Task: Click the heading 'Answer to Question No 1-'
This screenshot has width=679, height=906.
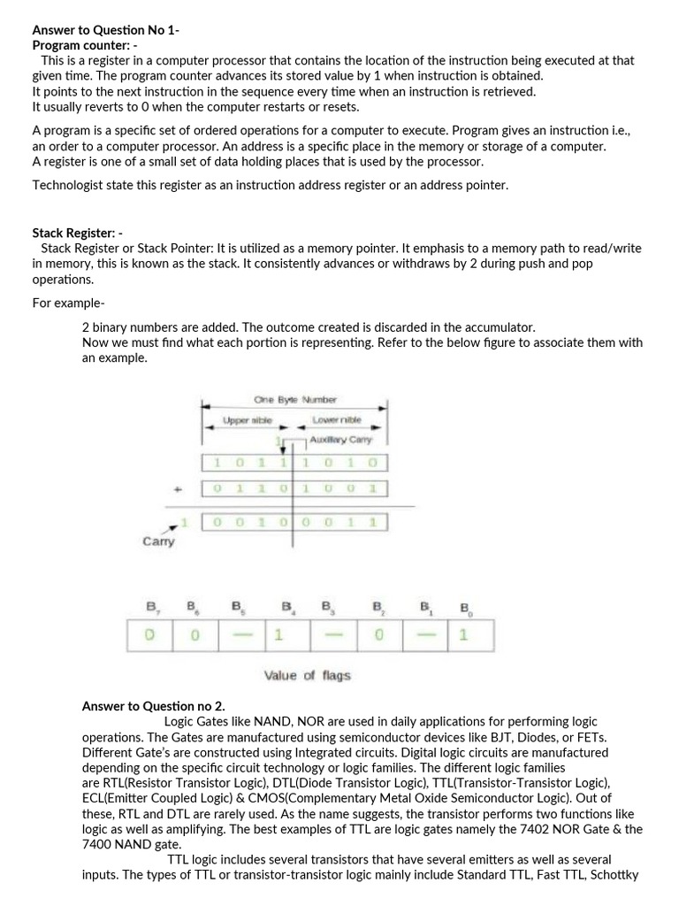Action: pyautogui.click(x=105, y=29)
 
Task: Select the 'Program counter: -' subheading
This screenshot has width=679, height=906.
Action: pyautogui.click(x=85, y=44)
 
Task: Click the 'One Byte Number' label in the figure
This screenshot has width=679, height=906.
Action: pyautogui.click(x=294, y=400)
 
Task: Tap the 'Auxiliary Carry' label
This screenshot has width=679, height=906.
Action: pyautogui.click(x=341, y=439)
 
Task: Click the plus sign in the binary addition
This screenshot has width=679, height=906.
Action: pyautogui.click(x=179, y=488)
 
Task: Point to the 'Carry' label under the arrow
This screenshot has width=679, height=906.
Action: pyautogui.click(x=158, y=541)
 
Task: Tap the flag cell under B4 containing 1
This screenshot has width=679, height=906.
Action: pyautogui.click(x=278, y=634)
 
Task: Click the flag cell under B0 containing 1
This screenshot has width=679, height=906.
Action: pyautogui.click(x=462, y=634)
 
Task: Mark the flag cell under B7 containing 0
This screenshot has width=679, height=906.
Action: pyautogui.click(x=149, y=634)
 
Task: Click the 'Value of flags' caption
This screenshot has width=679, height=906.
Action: pyautogui.click(x=307, y=675)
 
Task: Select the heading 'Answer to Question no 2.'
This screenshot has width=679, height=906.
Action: pyautogui.click(x=153, y=706)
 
